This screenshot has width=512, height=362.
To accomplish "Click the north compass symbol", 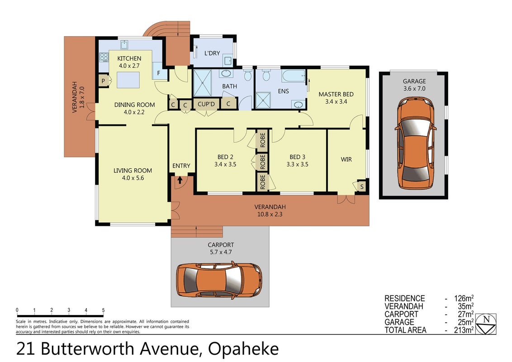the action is pyautogui.click(x=486, y=324).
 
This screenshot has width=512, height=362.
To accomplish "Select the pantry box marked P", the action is pyautogui.click(x=104, y=81).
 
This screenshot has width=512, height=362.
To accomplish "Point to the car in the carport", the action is pyautogui.click(x=219, y=279).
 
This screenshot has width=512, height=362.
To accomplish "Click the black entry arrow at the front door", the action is pyautogui.click(x=180, y=180).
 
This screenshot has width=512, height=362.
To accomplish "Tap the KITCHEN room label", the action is pyautogui.click(x=129, y=58).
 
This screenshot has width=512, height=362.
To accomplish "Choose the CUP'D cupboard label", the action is pyautogui.click(x=206, y=104).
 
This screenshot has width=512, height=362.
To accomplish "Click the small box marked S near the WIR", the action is pyautogui.click(x=361, y=187).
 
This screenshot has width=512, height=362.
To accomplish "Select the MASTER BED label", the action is pyautogui.click(x=336, y=94).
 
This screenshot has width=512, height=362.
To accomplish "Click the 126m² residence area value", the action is pyautogui.click(x=464, y=298).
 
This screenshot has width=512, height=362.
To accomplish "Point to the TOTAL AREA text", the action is pyautogui.click(x=406, y=330).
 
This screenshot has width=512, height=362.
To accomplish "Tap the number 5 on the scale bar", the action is pyautogui.click(x=103, y=310).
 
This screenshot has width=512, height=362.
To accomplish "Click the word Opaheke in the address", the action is pyautogui.click(x=243, y=348).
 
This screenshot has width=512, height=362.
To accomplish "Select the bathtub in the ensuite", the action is pyautogui.click(x=294, y=76).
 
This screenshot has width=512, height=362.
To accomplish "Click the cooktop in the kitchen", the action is pyautogui.click(x=104, y=57).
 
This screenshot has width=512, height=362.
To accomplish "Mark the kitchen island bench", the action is pyautogui.click(x=128, y=80).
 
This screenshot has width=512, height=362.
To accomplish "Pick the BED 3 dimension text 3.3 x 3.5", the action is pyautogui.click(x=298, y=164).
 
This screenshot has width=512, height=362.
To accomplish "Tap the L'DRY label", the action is pyautogui.click(x=212, y=53).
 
